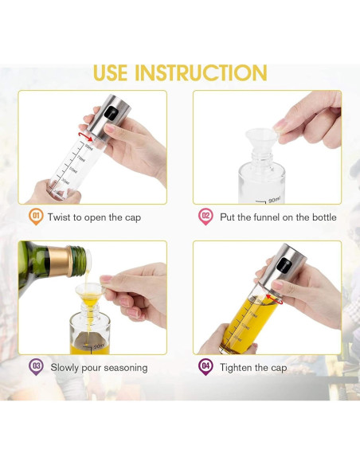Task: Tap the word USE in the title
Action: click(111, 73)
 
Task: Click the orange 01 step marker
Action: click(36, 217)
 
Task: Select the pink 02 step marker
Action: click(205, 217)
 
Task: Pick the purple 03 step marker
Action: click(36, 367)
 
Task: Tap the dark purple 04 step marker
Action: click(205, 367)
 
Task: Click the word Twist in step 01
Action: click(59, 217)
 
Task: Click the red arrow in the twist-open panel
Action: click(86, 136)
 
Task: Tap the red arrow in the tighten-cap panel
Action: click(274, 299)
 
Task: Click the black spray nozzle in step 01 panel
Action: click(111, 113)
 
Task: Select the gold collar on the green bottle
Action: click(60, 260)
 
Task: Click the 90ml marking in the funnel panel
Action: click(274, 200)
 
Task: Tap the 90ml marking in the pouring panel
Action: click(99, 346)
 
